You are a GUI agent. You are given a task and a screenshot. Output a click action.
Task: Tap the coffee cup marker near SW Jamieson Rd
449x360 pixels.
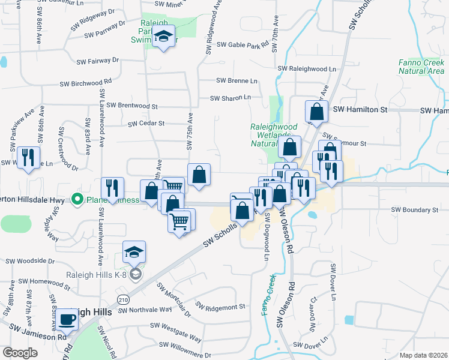[x=69, y=319]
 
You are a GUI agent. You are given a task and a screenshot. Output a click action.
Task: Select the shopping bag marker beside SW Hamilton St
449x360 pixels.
[x=316, y=111]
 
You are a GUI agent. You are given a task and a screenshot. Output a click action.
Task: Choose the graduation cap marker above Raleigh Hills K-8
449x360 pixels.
[x=134, y=251]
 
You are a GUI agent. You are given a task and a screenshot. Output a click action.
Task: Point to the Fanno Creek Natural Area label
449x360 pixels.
[x=421, y=67]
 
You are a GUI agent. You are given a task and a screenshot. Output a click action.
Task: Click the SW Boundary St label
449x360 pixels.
[x=415, y=210]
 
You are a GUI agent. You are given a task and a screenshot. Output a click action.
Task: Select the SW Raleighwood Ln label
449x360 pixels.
[x=307, y=69]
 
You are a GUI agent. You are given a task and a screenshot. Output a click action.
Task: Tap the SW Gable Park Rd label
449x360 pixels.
[x=243, y=45]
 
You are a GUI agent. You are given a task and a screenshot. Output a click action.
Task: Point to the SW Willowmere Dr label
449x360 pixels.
[x=182, y=355]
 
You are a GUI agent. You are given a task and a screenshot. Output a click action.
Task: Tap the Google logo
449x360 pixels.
[x=20, y=353]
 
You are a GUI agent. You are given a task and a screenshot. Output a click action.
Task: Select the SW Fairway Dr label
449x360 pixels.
[x=98, y=61]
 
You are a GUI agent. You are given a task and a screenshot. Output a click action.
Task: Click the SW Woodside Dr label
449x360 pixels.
[x=30, y=262]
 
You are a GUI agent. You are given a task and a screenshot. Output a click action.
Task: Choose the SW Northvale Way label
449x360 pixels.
[x=145, y=310]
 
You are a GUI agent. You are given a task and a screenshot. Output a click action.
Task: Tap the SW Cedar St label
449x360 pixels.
[x=146, y=124]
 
